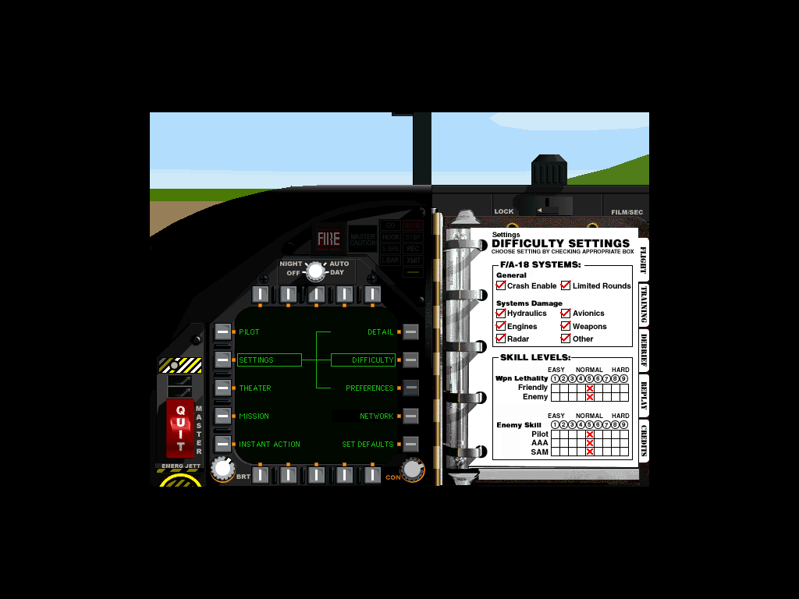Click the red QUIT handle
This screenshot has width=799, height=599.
pos(180,428)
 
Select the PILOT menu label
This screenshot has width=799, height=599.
pos(250,332)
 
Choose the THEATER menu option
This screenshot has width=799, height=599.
pos(255,388)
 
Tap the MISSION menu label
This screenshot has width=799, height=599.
pos(254,416)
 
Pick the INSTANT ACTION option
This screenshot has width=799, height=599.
pos(269,445)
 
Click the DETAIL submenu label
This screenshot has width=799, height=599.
pos(381,332)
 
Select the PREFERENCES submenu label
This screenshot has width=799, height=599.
pos(370,388)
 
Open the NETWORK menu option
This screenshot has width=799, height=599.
pos(377,416)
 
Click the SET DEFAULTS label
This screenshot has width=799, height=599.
pos(368,445)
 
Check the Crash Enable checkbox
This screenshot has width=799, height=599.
pos(501,285)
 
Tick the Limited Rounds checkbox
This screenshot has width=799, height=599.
pos(566,285)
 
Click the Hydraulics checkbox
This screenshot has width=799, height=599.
pos(501,314)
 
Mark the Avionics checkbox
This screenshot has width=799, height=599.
pos(566,314)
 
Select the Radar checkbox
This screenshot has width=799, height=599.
pos(501,338)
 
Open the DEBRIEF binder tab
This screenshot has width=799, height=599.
pos(644,349)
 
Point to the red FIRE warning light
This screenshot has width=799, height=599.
pos(328,239)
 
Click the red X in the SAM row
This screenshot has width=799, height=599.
pos(590,452)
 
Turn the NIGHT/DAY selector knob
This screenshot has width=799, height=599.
pos(315,271)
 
